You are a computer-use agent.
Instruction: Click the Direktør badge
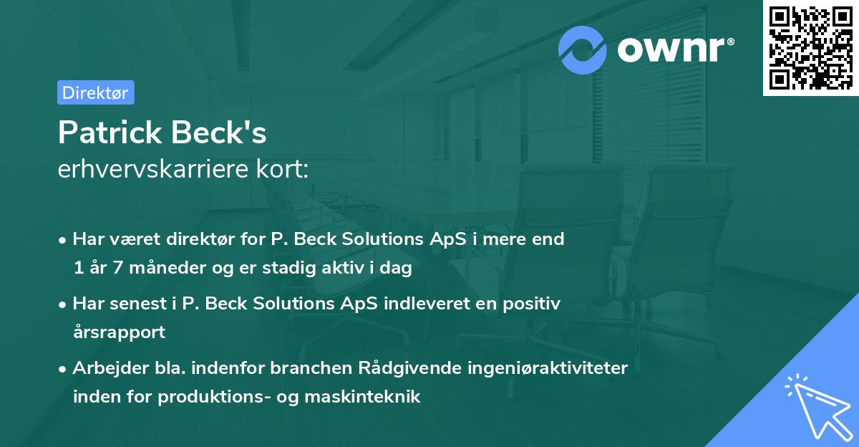tap(95, 92)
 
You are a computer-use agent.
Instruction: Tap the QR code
tap(810, 47)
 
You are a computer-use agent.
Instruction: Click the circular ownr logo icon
tap(583, 49)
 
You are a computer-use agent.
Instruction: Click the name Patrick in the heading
tap(112, 133)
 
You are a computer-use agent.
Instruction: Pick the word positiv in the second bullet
tap(535, 303)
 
